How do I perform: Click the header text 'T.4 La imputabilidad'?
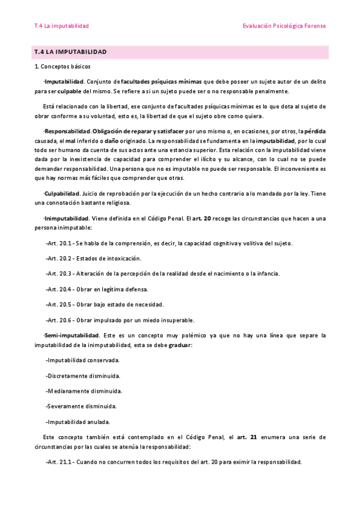pyautogui.click(x=62, y=26)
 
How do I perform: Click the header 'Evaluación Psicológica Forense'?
pyautogui.click(x=284, y=26)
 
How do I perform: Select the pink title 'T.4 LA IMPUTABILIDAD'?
pyautogui.click(x=70, y=52)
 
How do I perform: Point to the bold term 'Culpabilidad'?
pyautogui.click(x=62, y=194)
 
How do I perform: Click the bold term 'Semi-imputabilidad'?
pyautogui.click(x=72, y=334)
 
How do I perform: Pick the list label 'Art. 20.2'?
pyautogui.click(x=59, y=258)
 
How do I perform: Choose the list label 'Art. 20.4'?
pyautogui.click(x=59, y=289)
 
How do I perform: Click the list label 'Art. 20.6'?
pyautogui.click(x=59, y=319)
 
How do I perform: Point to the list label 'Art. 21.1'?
pyautogui.click(x=59, y=462)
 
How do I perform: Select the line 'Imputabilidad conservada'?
pyautogui.click(x=82, y=360)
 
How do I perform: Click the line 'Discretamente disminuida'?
pyautogui.click(x=83, y=375)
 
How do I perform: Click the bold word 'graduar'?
pyautogui.click(x=180, y=345)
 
